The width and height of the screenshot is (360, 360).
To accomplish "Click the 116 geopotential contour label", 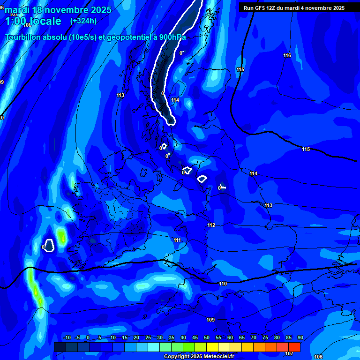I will coord(287,56).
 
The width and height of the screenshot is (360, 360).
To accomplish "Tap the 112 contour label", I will coord(211,225).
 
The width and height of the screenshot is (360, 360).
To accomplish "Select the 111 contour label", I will coord(177,240).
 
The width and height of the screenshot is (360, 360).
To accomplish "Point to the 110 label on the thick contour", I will coord(223,284).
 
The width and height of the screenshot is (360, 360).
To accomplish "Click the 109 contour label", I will coord(210,320).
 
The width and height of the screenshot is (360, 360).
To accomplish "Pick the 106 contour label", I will coord(318,357).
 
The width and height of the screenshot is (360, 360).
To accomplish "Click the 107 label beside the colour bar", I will coord(289,353).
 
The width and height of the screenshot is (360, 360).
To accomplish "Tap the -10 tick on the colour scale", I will coord(66,338).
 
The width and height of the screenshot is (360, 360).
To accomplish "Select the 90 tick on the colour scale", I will coord(300,338).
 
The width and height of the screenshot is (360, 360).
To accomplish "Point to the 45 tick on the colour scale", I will coord(195,338).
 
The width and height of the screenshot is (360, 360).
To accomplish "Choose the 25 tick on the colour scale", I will coord(148,338).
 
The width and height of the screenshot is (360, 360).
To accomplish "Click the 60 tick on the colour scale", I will coord(230,338).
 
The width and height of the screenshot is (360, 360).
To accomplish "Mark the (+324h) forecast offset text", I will coord(83,21).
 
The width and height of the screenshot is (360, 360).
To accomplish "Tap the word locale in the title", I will coord(45,21).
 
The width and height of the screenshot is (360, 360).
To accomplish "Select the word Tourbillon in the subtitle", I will coord(24,37).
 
